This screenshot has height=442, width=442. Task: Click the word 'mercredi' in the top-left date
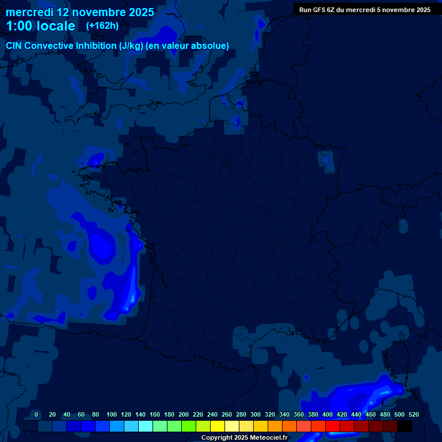(30, 12)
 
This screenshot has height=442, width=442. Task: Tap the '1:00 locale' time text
(40, 26)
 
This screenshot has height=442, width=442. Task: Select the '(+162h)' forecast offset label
(102, 26)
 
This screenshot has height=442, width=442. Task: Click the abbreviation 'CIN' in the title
(14, 46)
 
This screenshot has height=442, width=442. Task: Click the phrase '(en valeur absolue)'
(188, 46)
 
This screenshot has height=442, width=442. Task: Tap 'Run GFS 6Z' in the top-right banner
(316, 10)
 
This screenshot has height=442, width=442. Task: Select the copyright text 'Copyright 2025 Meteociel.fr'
(244, 437)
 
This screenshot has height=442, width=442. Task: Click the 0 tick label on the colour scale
(36, 414)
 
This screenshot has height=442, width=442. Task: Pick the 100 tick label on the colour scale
(112, 414)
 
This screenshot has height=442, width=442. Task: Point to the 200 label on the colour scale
(184, 414)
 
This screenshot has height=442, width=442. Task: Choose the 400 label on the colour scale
(327, 414)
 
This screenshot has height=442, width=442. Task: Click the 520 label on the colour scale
(413, 414)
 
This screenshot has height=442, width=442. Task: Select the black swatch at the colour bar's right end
(405, 426)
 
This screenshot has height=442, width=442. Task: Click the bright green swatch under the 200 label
(188, 426)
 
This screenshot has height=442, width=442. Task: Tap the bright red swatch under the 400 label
(333, 426)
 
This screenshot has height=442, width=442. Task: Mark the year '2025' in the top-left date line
(138, 12)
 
